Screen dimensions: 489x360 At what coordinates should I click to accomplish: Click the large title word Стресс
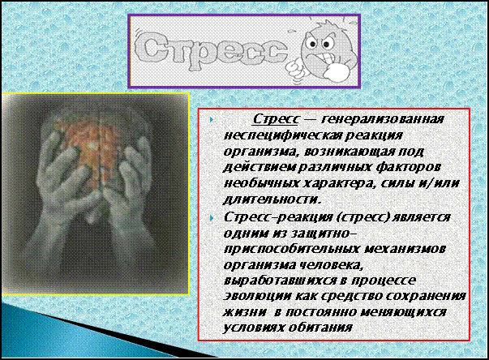coord(211,49)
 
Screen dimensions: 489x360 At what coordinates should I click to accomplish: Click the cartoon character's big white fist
coord(337,72)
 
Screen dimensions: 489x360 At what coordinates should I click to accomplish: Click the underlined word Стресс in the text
coord(277,119)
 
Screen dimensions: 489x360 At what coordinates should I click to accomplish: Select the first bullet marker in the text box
coord(212,119)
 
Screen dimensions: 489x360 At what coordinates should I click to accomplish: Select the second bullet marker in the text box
coord(212,218)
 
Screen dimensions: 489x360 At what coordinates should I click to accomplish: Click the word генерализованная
coord(382,119)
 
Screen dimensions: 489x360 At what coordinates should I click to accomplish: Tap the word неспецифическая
coord(281,135)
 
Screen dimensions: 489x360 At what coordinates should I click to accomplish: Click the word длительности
coord(272,199)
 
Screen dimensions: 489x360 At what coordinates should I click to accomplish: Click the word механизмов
coord(404,249)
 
